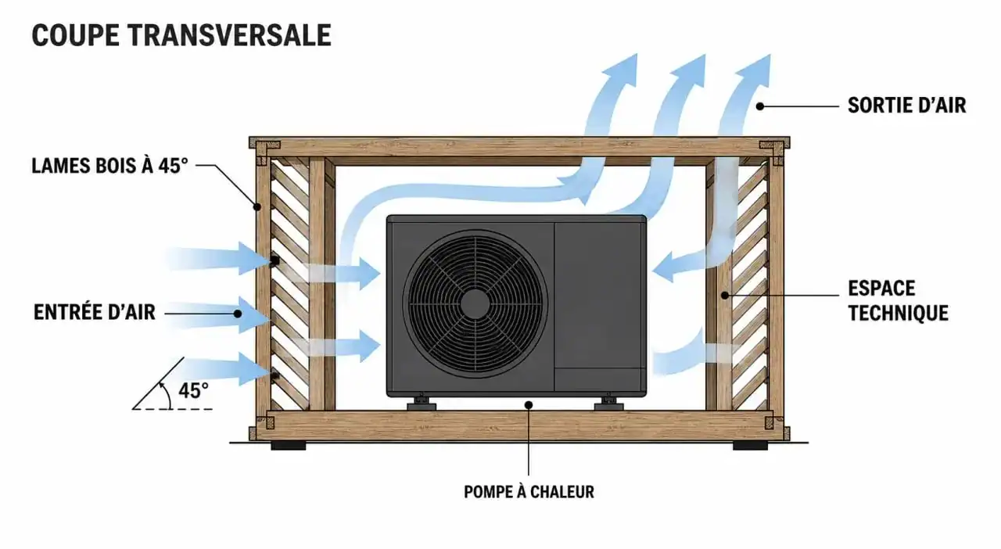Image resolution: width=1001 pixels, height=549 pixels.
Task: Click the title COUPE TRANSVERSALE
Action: click(181, 35)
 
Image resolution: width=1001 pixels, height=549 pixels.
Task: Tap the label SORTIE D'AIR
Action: click(906, 106)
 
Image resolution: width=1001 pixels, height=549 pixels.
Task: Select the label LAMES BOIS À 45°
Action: click(109, 166)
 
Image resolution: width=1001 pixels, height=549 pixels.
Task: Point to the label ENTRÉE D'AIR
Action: click(95, 312)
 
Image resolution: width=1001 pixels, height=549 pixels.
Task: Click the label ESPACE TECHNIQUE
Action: click(899, 300)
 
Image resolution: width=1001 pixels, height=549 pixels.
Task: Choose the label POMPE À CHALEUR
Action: click(529, 492)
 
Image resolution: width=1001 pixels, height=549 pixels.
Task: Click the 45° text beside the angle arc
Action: click(193, 390)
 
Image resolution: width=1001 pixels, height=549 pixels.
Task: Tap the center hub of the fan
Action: click(475, 304)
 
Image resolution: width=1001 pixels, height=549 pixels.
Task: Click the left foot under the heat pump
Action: click(421, 404)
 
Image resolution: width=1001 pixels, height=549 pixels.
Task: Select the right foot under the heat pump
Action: click(608, 404)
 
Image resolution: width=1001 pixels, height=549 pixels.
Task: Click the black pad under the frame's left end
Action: click(289, 446)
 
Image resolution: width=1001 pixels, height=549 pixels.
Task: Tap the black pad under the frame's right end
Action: click(750, 446)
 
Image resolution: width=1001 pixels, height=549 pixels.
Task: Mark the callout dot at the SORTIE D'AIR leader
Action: click(759, 106)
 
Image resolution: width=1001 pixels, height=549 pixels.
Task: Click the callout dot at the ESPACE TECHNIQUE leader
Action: click(725, 296)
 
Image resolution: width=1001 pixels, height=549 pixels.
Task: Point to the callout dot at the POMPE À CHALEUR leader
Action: click(529, 405)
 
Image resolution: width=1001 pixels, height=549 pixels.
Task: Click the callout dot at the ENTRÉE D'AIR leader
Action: click(238, 314)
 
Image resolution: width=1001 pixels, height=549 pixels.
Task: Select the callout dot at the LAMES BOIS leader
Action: click(257, 206)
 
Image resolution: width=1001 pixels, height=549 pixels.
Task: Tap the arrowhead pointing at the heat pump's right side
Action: click(663, 267)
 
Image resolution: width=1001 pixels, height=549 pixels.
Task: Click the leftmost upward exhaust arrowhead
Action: click(620, 70)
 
